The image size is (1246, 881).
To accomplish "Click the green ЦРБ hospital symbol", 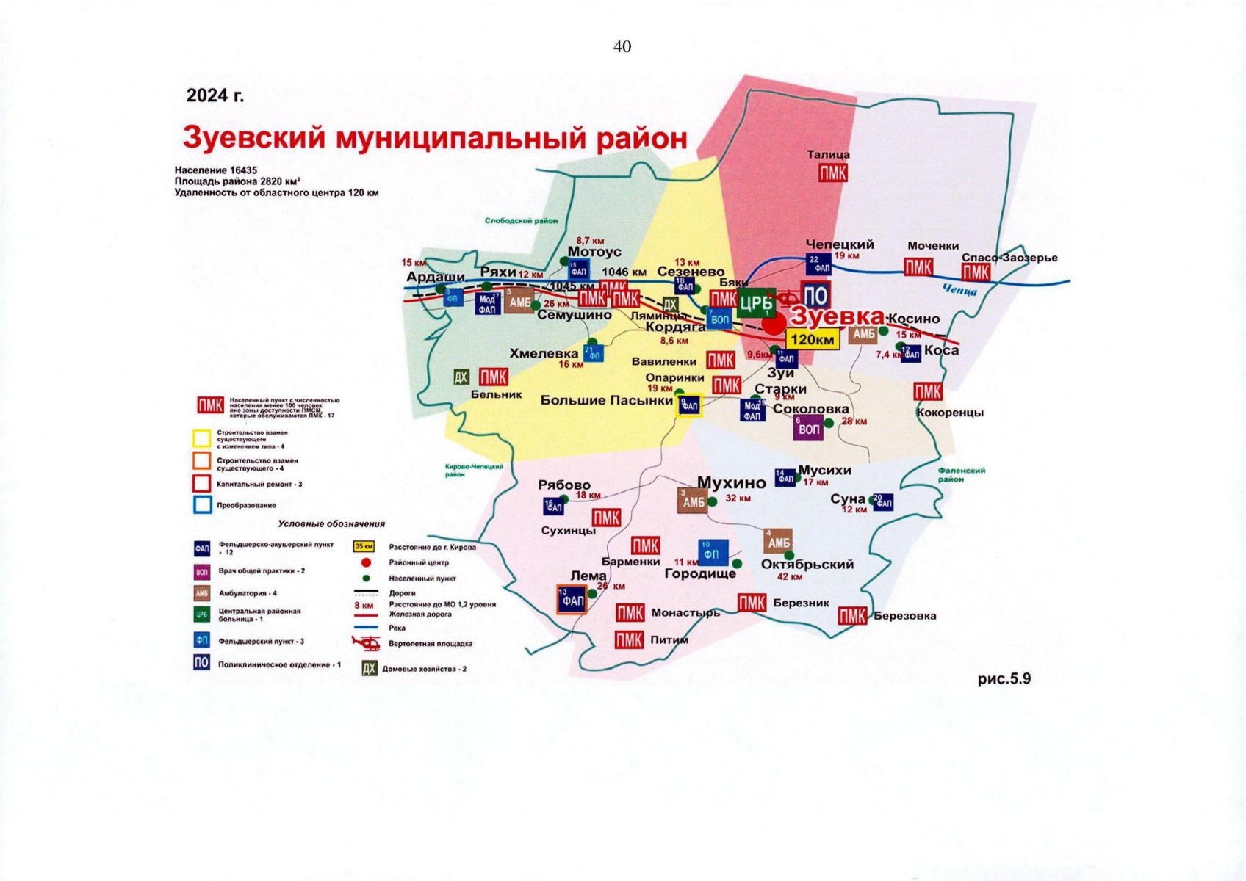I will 756,302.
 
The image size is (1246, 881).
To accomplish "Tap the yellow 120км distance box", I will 813,339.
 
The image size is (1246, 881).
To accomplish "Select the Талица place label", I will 828,155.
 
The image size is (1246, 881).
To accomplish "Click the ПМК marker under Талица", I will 832,173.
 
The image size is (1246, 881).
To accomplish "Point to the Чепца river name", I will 959,291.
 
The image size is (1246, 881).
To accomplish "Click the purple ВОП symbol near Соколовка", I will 807,428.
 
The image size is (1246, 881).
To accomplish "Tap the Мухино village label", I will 731,482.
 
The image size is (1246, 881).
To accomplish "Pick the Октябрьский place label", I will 807,564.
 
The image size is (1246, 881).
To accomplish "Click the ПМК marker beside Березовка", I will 851,616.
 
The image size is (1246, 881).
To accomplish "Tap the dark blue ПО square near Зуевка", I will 815,296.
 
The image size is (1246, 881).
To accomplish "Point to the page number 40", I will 622,47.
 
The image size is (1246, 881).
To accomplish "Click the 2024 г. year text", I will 215,95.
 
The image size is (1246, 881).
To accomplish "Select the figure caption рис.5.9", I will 1004,678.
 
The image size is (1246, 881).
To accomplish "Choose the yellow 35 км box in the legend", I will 364,547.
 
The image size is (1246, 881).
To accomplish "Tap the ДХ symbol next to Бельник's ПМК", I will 461,377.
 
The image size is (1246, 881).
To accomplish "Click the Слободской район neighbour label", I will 520,220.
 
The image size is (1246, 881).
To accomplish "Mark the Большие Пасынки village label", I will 606,400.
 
